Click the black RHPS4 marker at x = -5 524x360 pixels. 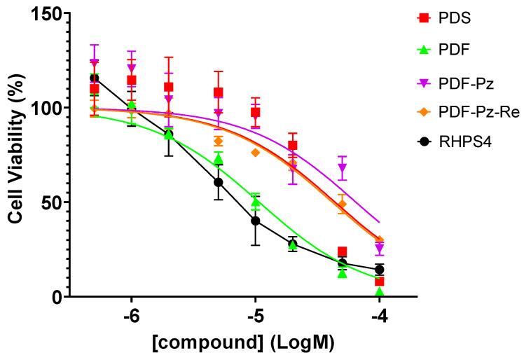tap(256, 221)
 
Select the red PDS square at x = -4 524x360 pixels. tap(379, 282)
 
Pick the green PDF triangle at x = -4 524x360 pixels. tap(379, 291)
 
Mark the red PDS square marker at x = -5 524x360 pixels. tap(256, 113)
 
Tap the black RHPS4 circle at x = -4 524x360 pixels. tap(379, 270)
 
